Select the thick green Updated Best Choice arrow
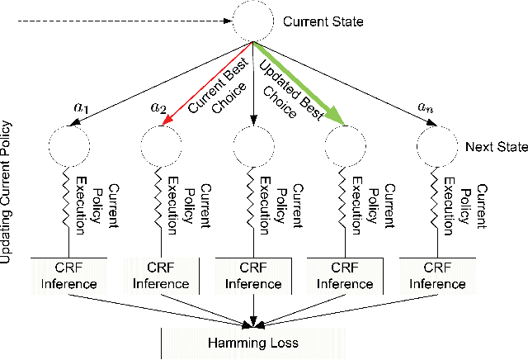point(297,84)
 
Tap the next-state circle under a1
point(70,145)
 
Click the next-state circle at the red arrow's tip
point(162,145)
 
